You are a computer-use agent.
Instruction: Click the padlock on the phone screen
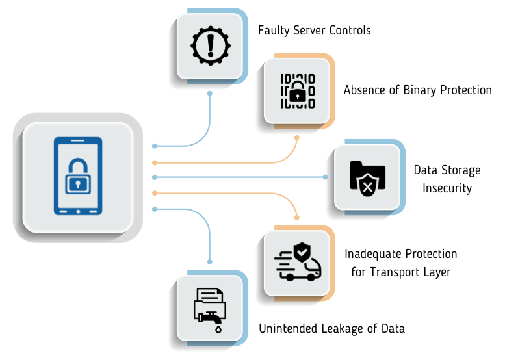(77, 177)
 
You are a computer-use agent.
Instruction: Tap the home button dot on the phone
(77, 211)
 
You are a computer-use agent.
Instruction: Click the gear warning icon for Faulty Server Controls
(210, 45)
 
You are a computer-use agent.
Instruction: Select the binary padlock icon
(297, 90)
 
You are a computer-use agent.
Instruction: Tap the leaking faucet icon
(209, 307)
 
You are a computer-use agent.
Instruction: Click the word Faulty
(274, 31)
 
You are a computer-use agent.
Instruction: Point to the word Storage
(459, 170)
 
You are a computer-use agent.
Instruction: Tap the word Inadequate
(372, 254)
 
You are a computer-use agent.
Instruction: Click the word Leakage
(344, 329)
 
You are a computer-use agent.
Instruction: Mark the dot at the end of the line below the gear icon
(210, 94)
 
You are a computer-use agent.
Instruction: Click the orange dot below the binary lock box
(297, 138)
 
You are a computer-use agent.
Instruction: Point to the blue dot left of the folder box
(326, 177)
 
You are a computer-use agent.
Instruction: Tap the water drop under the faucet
(218, 329)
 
